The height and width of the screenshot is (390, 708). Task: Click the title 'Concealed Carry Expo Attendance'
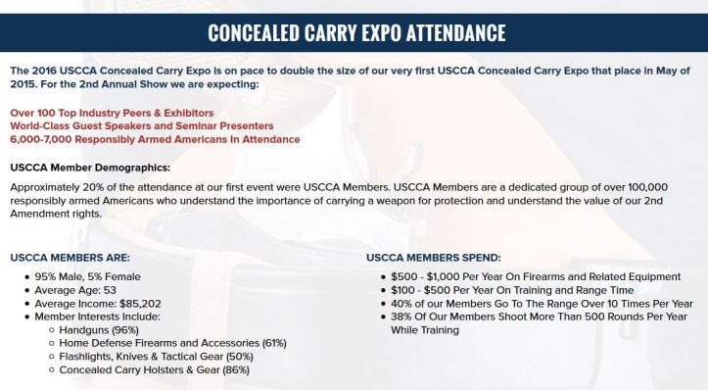coord(356,32)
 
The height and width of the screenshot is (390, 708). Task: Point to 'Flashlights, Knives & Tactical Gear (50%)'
coord(155,357)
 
